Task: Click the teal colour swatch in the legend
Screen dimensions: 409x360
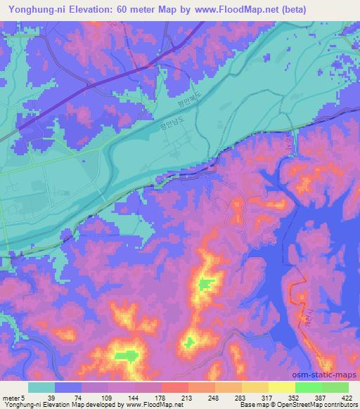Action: (41, 387)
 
